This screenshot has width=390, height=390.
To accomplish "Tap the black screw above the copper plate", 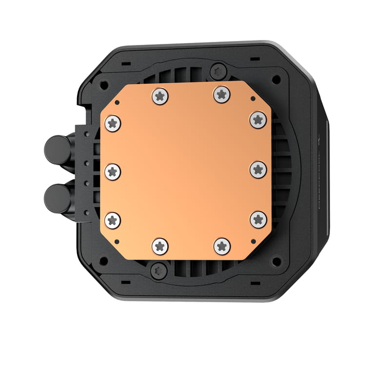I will tap(218, 72).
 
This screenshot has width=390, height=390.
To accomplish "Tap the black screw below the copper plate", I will tap(158, 270).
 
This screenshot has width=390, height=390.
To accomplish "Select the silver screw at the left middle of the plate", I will tap(113, 171).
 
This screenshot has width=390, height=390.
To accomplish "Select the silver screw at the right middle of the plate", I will tap(258, 170).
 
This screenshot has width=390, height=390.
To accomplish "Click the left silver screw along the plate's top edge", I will tap(160, 96).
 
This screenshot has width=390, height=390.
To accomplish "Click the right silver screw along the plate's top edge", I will tap(222, 94).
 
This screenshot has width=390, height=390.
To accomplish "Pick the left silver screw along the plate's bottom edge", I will tap(160, 246).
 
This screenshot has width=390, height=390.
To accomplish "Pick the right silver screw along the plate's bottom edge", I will tap(222, 246).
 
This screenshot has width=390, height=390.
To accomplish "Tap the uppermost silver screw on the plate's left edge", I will tap(113, 123).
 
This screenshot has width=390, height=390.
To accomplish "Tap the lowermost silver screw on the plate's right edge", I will tap(258, 219).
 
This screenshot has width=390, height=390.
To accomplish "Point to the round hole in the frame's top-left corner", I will tap(104, 85).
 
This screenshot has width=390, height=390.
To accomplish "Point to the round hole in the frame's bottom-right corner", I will tap(276, 261).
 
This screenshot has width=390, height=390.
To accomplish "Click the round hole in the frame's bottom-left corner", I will tap(104, 260).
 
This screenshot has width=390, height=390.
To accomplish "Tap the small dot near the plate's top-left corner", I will tap(117, 103).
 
